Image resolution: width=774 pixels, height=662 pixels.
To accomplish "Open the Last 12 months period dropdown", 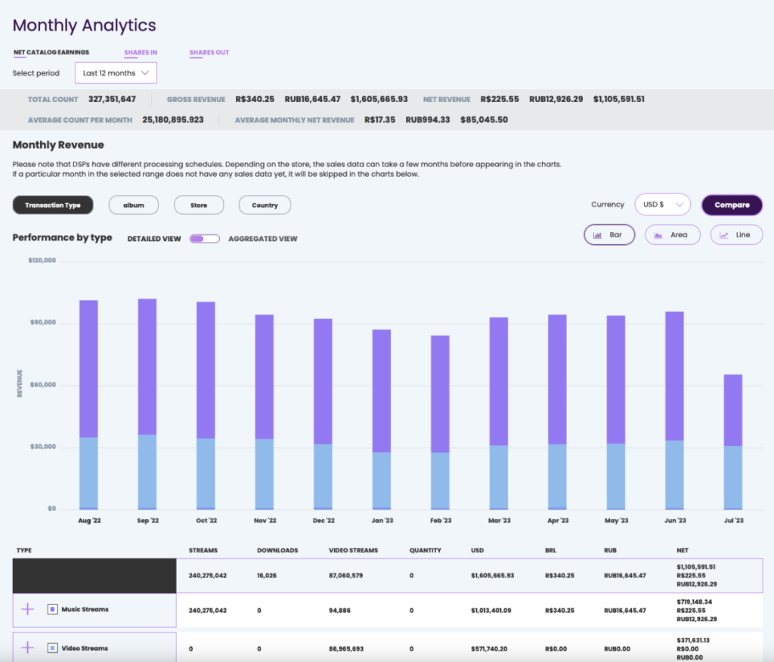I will tap(116, 73).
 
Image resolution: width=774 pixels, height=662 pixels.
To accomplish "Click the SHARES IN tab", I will tap(141, 53).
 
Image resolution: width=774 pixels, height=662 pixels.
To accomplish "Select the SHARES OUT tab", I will tap(209, 53).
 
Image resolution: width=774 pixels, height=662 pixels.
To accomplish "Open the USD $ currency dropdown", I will tap(663, 205).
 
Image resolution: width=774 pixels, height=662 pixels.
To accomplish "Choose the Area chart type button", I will tap(672, 235).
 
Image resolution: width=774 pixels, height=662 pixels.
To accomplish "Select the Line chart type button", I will tap(736, 235).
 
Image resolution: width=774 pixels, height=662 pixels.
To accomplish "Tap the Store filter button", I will tap(199, 205).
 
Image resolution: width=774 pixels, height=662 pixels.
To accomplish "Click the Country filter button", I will tap(265, 205).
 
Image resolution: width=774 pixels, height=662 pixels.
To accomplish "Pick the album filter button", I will tap(133, 205).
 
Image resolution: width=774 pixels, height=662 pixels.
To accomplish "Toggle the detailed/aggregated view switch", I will tap(204, 239).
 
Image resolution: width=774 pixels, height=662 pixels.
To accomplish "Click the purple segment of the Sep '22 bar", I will tap(147, 367).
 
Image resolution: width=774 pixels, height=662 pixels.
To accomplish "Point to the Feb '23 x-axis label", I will tap(441, 521).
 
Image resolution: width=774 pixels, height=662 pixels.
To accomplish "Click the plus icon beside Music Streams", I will tap(27, 609).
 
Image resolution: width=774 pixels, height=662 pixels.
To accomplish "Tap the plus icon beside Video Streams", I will tap(27, 648).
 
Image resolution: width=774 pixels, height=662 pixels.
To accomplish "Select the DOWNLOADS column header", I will tap(277, 550).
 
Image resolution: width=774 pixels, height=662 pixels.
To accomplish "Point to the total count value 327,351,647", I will tap(112, 99).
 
